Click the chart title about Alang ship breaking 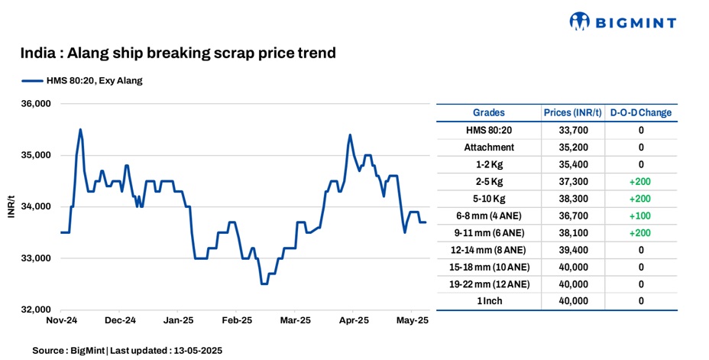[178, 54]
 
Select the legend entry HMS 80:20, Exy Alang [83, 80]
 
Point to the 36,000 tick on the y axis [34, 104]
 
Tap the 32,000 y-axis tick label [34, 310]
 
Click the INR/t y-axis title [11, 207]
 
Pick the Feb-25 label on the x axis [237, 322]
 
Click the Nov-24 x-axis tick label [61, 322]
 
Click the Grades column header [488, 112]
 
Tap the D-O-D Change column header [640, 112]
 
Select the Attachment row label [489, 147]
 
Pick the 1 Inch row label [489, 301]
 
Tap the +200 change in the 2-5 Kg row [640, 182]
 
